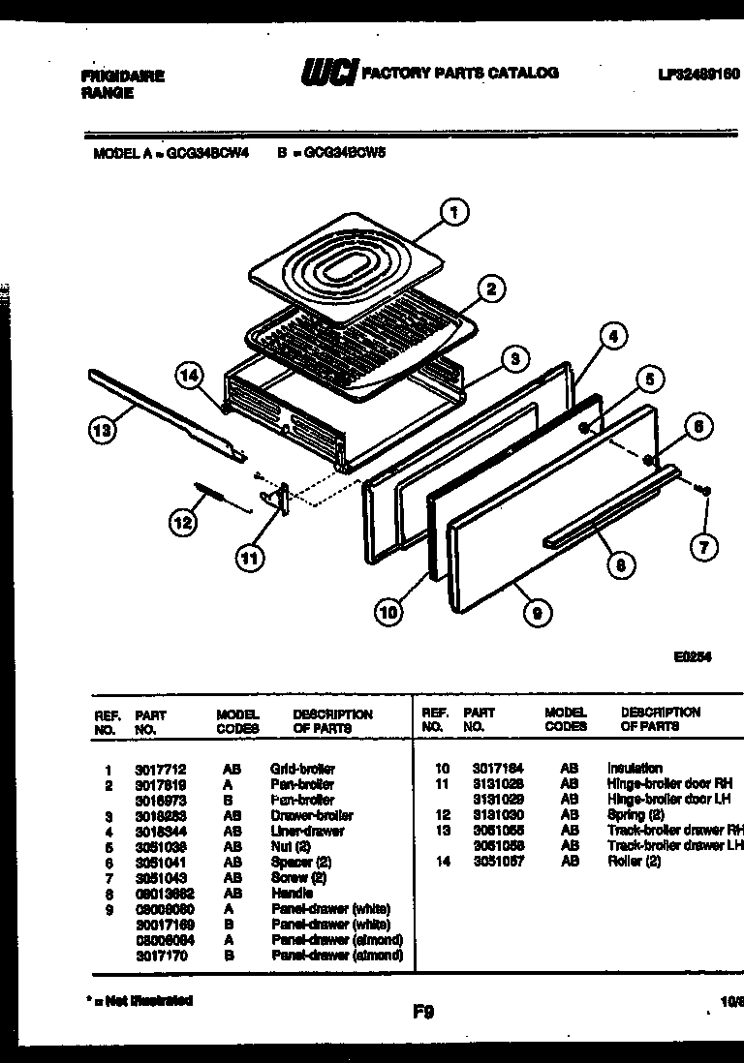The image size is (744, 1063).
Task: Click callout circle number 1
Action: pyautogui.click(x=452, y=211)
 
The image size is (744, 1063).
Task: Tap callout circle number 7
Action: pyautogui.click(x=704, y=547)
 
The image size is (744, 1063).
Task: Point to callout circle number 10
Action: pyautogui.click(x=388, y=614)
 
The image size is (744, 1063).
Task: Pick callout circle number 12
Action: pyautogui.click(x=181, y=524)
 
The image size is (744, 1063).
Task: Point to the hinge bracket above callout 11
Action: pyautogui.click(x=280, y=499)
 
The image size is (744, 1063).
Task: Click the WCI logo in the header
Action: pyautogui.click(x=329, y=75)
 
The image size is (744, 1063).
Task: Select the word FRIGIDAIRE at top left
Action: pyautogui.click(x=122, y=76)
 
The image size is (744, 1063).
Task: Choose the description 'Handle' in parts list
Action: pyautogui.click(x=292, y=893)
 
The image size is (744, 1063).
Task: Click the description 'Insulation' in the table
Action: pyautogui.click(x=635, y=768)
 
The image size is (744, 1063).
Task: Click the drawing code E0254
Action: pyautogui.click(x=693, y=656)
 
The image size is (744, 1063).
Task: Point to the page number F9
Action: pyautogui.click(x=423, y=1013)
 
